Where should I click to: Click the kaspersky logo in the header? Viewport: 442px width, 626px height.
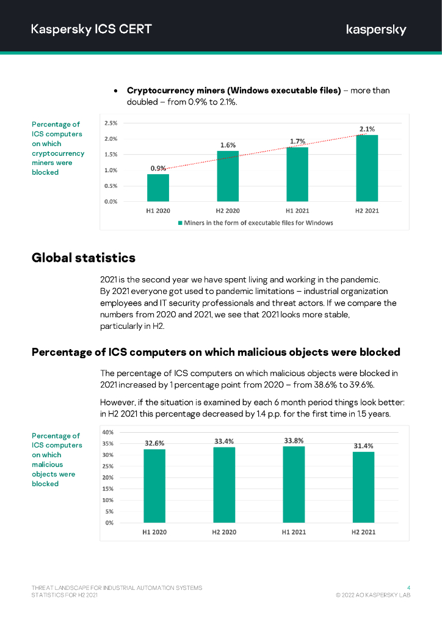tap(376, 29)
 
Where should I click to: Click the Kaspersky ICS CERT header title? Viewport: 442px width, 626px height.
tap(92, 29)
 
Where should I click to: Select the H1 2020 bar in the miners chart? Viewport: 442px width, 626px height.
tap(158, 188)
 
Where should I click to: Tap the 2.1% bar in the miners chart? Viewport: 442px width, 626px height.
tap(367, 168)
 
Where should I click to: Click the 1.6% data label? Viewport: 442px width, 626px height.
tap(228, 145)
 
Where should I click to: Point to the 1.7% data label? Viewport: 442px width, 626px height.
tap(297, 141)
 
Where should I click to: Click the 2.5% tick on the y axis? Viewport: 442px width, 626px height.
tap(111, 123)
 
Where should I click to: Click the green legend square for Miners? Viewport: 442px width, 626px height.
tap(180, 223)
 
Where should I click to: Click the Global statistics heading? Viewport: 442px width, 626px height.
tap(84, 257)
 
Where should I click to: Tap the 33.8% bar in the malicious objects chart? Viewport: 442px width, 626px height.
tap(294, 485)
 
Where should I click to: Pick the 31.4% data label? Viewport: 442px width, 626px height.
tap(363, 446)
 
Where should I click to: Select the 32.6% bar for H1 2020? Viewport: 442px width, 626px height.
tap(154, 486)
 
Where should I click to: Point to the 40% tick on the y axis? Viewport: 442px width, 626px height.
tap(107, 432)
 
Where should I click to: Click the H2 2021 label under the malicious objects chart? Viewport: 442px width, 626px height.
tap(363, 532)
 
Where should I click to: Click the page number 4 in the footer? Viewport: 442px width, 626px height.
tap(408, 587)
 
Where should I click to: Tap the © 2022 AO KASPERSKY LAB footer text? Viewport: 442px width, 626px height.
tap(373, 595)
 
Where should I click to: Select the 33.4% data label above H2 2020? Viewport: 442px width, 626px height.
tap(224, 441)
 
